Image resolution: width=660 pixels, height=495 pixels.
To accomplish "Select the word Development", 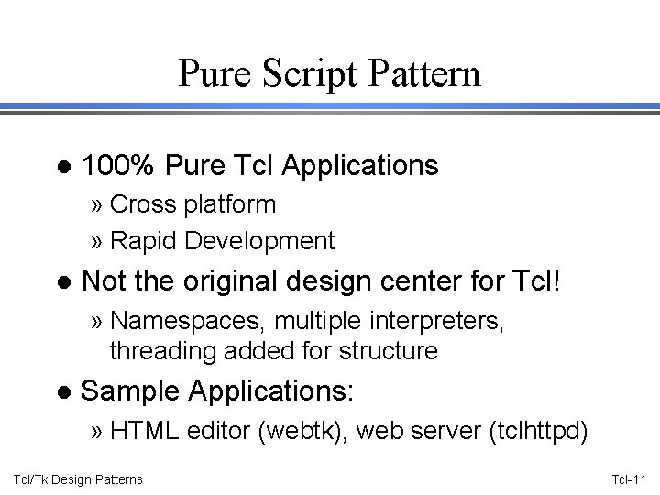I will (259, 240).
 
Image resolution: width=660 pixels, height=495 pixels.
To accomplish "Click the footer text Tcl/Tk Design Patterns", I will (78, 479).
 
